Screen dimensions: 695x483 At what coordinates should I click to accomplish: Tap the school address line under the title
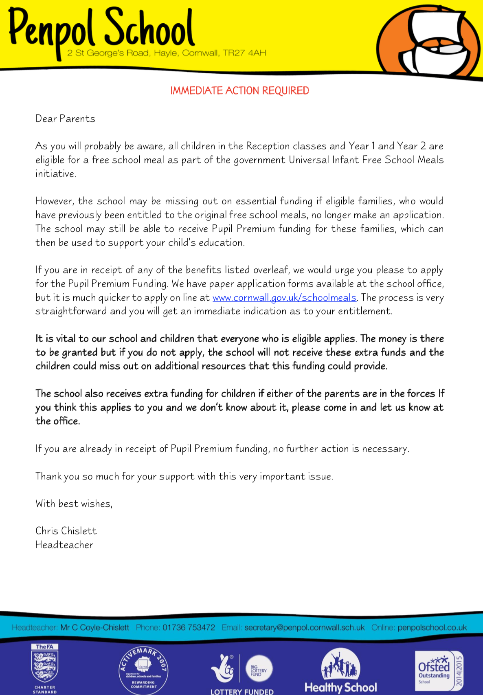[167, 53]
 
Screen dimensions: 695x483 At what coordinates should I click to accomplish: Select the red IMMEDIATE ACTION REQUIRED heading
[239, 90]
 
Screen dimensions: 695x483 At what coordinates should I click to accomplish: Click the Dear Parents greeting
[65, 119]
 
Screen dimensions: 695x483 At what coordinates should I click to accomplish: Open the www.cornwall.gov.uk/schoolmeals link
[284, 298]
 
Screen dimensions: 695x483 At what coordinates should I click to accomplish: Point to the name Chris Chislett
[66, 531]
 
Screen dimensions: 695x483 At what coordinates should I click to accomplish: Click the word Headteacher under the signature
[64, 545]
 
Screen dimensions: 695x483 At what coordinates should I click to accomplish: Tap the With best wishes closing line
[74, 504]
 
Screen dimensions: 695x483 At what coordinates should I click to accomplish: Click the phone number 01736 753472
[189, 627]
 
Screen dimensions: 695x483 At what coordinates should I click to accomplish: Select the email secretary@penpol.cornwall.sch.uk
[304, 627]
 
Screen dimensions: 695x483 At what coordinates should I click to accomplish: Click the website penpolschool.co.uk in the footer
[432, 627]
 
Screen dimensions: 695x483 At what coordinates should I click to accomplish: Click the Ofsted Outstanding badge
[439, 670]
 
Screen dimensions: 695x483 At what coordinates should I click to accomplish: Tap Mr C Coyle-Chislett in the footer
[95, 627]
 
